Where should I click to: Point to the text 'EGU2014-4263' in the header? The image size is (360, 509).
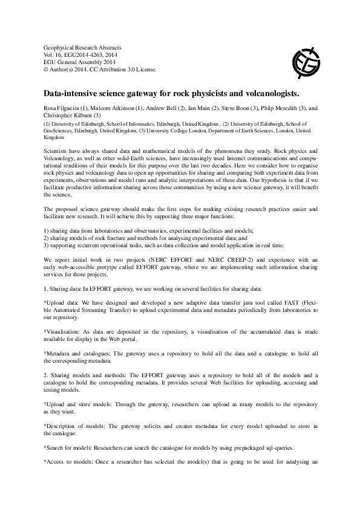pyautogui.click(x=83, y=54)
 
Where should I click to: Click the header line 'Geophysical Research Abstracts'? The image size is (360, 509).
pyautogui.click(x=83, y=47)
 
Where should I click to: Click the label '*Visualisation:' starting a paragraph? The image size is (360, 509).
pyautogui.click(x=62, y=331)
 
